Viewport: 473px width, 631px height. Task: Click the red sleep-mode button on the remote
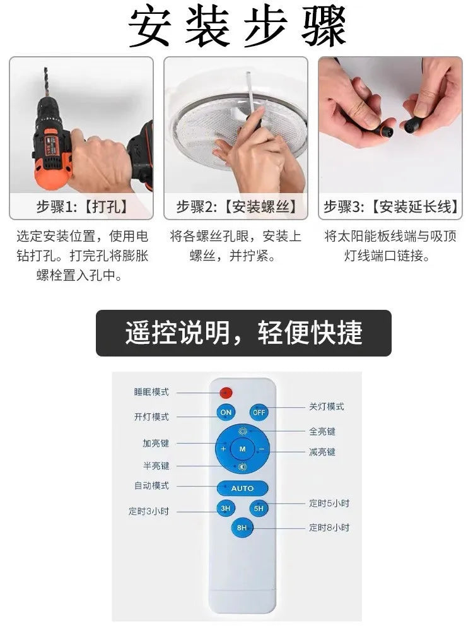(x=226, y=392)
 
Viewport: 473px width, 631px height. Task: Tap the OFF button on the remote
(x=259, y=412)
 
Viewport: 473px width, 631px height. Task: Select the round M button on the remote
(x=242, y=449)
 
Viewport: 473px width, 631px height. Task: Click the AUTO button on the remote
(x=242, y=488)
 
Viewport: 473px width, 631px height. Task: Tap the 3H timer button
(x=225, y=508)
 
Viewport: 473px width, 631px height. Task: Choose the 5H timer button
(x=259, y=508)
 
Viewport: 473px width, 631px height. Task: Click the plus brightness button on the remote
(x=223, y=449)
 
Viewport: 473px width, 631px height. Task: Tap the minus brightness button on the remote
(x=261, y=449)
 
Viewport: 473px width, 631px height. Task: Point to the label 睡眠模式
(x=151, y=392)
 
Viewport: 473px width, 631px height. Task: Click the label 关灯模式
(x=327, y=407)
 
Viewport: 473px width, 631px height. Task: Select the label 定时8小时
(x=329, y=527)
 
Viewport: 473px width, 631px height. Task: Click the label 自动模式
(x=151, y=486)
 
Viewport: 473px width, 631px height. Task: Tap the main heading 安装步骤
(x=237, y=27)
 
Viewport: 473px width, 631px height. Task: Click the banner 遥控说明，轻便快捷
(x=243, y=333)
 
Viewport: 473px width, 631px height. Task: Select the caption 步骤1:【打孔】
(x=81, y=206)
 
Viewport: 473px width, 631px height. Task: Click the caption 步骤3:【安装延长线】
(x=390, y=206)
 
